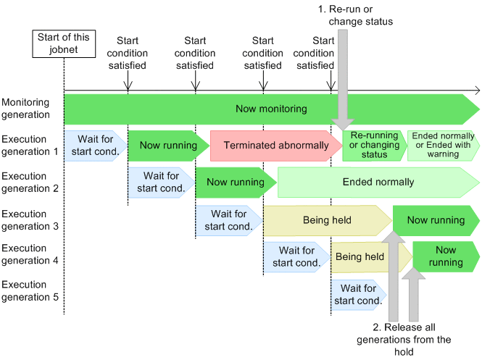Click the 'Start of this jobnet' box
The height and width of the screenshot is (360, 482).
[64, 43]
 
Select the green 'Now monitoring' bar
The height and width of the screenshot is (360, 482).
[271, 109]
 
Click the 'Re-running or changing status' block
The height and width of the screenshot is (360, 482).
[374, 146]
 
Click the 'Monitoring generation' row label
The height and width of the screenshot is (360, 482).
[26, 109]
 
